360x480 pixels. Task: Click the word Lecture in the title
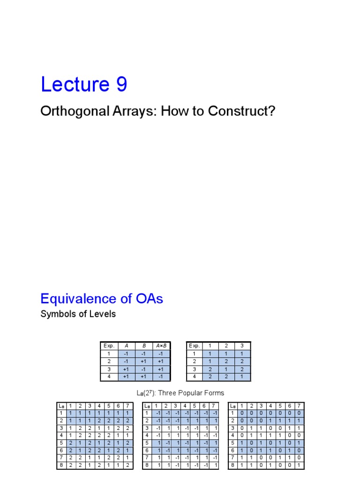pyautogui.click(x=71, y=84)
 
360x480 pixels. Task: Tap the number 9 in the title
pyautogui.click(x=119, y=84)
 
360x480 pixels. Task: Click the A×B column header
pyautogui.click(x=160, y=346)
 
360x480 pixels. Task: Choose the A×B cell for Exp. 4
pyautogui.click(x=160, y=376)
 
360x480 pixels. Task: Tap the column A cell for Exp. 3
pyautogui.click(x=125, y=369)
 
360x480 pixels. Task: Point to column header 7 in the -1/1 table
pyautogui.click(x=214, y=406)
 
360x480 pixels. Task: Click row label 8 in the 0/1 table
pyautogui.click(x=232, y=465)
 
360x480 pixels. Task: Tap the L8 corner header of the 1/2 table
pyautogui.click(x=61, y=406)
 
